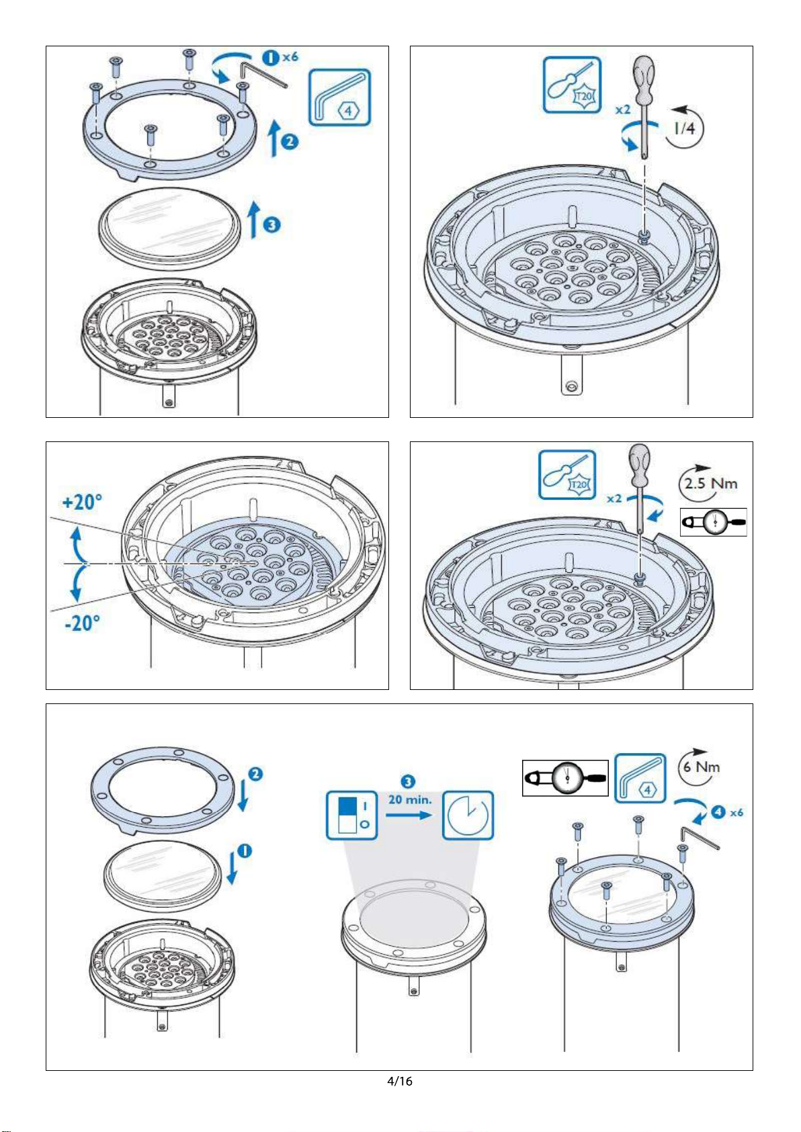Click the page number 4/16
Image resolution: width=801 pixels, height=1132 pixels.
pyautogui.click(x=399, y=1081)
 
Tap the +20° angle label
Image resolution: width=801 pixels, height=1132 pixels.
pyautogui.click(x=82, y=502)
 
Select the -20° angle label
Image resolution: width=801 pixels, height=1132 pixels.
pyautogui.click(x=82, y=623)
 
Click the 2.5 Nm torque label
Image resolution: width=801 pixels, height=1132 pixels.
pyautogui.click(x=710, y=483)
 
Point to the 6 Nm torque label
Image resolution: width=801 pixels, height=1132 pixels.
pyautogui.click(x=702, y=767)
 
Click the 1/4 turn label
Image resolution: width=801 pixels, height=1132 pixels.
pyautogui.click(x=685, y=128)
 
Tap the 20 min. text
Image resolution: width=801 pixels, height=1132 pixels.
pyautogui.click(x=410, y=799)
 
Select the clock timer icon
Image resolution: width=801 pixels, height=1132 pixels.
pyautogui.click(x=468, y=815)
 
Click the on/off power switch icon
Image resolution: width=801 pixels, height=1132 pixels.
pyautogui.click(x=351, y=815)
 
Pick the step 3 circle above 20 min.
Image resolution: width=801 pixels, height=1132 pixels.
pyautogui.click(x=408, y=782)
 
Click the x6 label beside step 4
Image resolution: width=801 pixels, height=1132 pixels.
pyautogui.click(x=736, y=812)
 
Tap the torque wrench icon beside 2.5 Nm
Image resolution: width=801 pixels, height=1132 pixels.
pyautogui.click(x=713, y=521)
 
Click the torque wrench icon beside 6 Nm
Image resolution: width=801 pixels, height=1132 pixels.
pyautogui.click(x=565, y=778)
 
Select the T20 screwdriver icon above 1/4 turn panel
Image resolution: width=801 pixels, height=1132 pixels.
pyautogui.click(x=572, y=85)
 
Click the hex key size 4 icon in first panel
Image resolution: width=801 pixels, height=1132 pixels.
pyautogui.click(x=339, y=97)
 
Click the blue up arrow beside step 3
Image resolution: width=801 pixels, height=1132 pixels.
pyautogui.click(x=254, y=219)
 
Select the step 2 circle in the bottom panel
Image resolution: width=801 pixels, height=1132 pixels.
pyautogui.click(x=256, y=774)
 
